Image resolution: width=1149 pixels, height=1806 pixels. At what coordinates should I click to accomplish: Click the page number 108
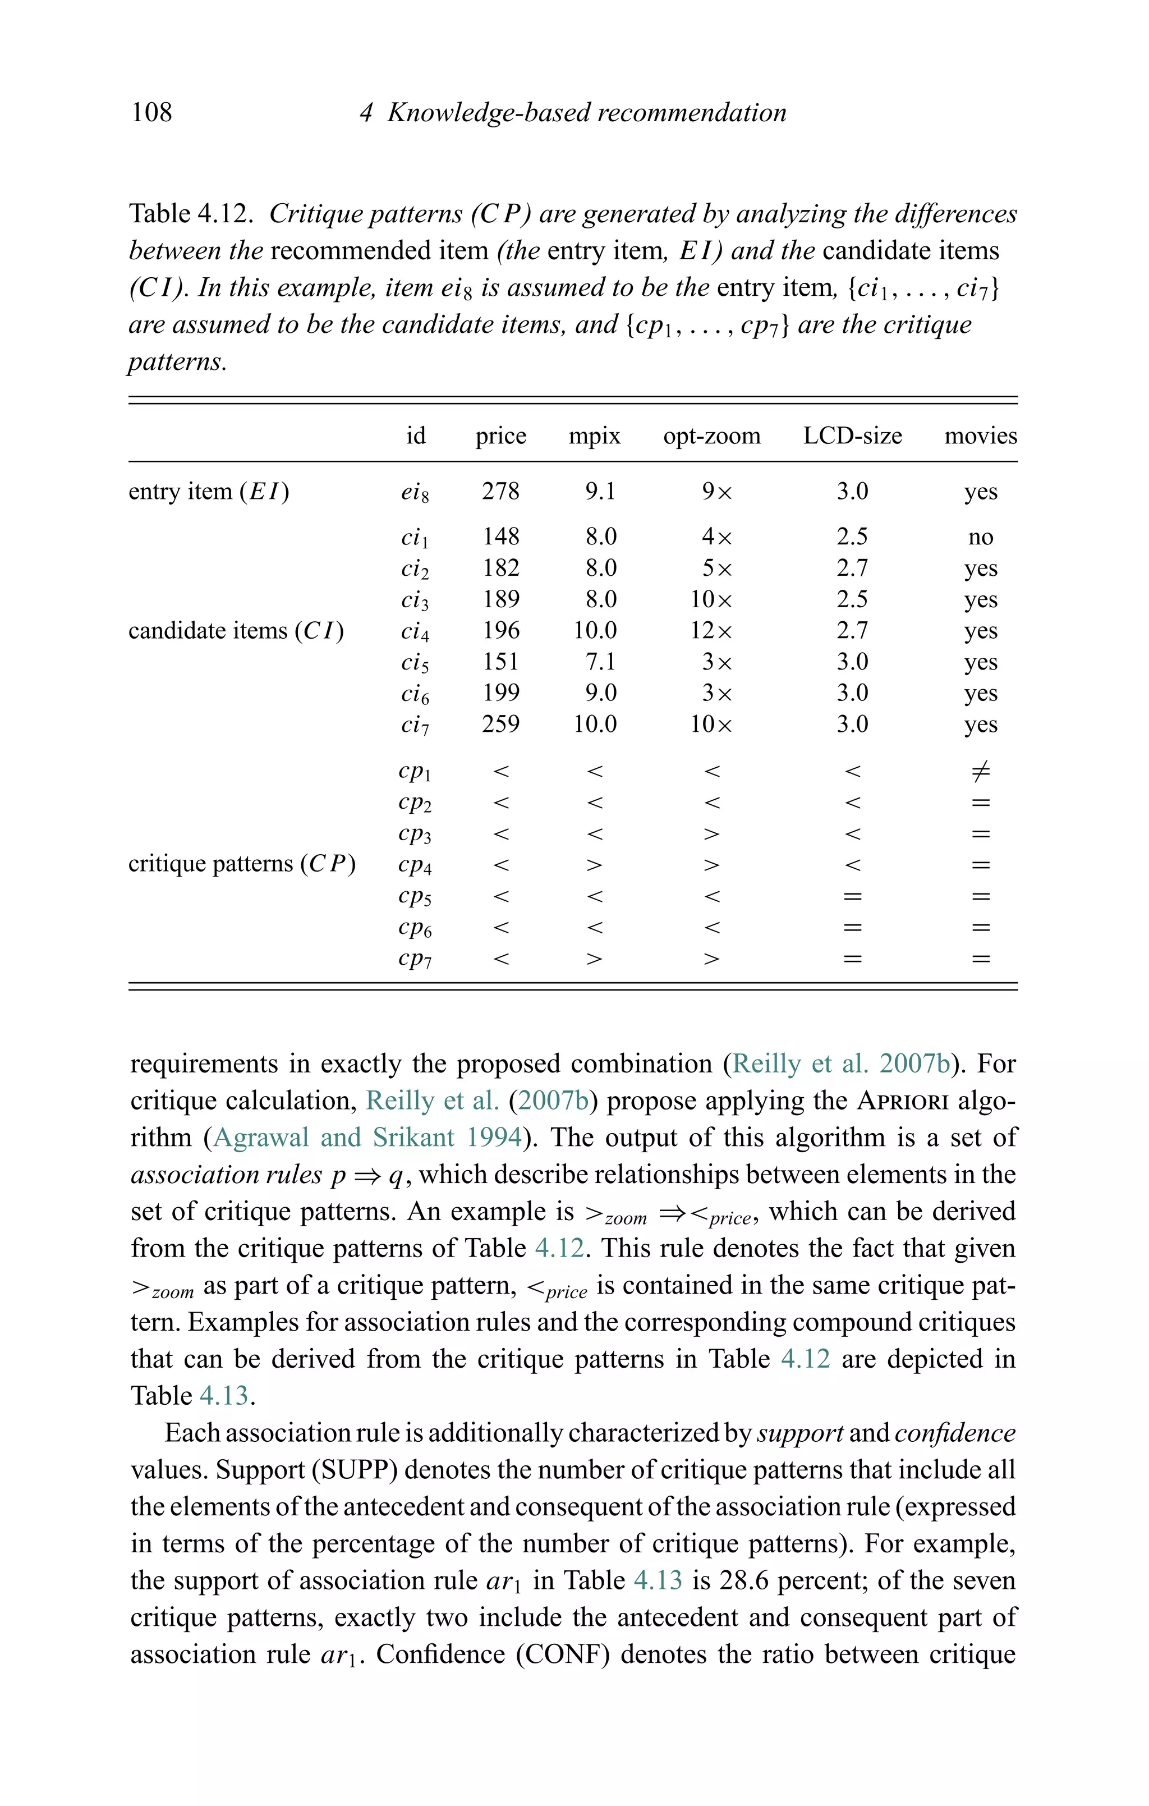(151, 112)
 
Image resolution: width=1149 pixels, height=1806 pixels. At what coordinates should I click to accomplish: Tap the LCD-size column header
(852, 436)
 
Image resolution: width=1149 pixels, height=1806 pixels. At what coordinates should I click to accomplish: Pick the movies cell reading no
(980, 537)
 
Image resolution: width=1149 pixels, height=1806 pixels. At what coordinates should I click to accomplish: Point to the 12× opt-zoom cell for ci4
(711, 631)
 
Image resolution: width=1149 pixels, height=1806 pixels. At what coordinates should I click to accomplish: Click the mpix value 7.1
(601, 662)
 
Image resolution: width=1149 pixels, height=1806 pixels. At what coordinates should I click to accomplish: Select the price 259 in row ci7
(500, 724)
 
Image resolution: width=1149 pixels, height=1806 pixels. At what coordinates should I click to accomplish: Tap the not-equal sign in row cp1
(980, 771)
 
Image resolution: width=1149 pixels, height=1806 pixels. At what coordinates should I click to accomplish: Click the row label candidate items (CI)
(236, 631)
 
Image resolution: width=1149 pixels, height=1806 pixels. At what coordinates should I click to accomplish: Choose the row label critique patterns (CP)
(241, 864)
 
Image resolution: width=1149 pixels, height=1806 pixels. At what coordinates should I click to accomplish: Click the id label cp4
(415, 865)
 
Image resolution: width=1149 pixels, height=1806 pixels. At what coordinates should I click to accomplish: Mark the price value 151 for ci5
(500, 662)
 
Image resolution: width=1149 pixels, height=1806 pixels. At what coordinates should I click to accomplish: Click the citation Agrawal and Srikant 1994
(367, 1138)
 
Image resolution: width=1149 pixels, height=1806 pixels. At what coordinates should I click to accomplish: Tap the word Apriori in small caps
(902, 1101)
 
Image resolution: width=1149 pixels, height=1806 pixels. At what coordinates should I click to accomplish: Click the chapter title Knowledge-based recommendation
(586, 112)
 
